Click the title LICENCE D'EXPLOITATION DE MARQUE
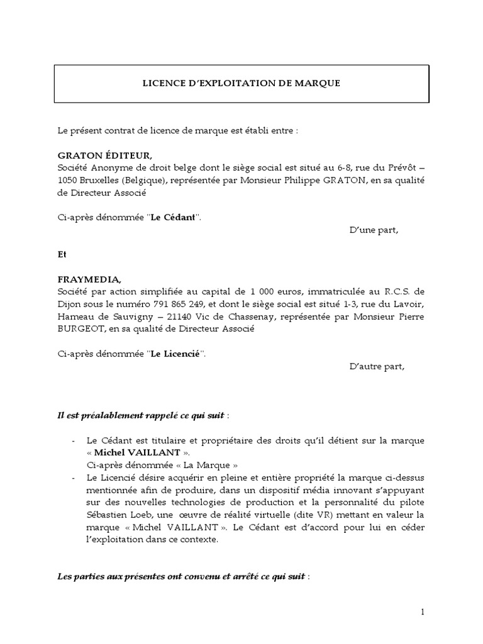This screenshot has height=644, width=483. coord(241,83)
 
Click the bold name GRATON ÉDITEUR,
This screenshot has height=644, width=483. coord(105,155)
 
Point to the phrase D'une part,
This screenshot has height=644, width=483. coord(374,230)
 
